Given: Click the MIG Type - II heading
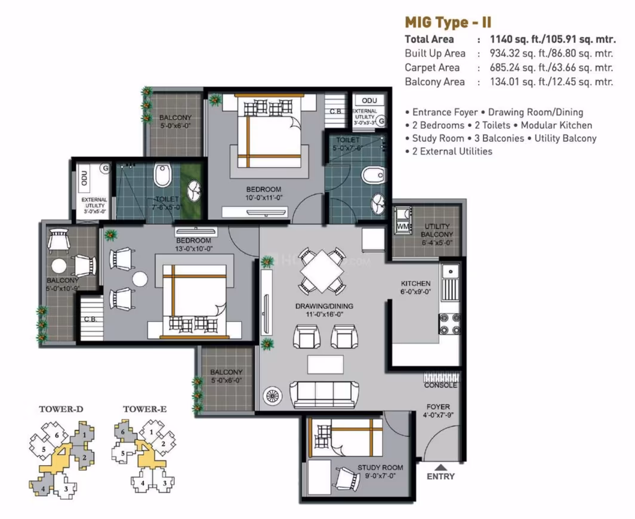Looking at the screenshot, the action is [448, 22].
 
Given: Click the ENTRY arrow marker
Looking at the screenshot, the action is [440, 467].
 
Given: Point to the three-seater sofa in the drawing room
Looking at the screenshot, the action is [324, 394].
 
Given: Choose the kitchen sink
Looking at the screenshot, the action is [450, 282].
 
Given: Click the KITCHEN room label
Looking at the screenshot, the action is [415, 283].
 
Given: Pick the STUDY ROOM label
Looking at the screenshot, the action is [380, 468].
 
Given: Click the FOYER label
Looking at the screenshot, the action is [438, 407].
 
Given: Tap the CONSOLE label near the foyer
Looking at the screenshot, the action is [440, 385].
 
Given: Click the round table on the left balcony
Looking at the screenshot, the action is [59, 267].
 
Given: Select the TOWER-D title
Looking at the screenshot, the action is [61, 409].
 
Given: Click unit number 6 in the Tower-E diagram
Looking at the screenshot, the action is [123, 432].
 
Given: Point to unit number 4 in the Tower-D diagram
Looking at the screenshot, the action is [43, 489].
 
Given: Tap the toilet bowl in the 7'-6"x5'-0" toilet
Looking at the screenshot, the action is [163, 175].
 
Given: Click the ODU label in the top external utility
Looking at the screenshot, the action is [369, 100].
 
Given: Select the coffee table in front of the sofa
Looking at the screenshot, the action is [325, 364].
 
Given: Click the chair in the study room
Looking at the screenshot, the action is [346, 479].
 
